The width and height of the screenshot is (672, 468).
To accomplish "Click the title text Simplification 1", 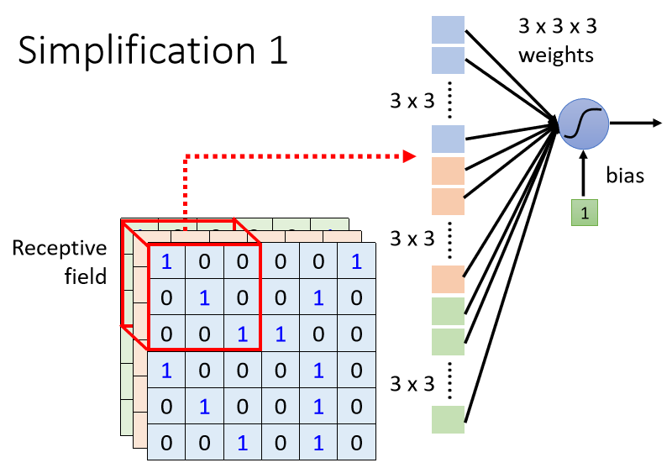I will [x=152, y=50].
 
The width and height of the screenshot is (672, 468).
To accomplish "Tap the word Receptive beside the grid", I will [x=60, y=249].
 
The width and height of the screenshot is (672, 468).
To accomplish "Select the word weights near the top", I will [x=556, y=55].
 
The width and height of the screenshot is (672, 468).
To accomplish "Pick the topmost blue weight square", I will [x=449, y=29].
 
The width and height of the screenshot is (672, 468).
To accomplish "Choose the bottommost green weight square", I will [x=449, y=419].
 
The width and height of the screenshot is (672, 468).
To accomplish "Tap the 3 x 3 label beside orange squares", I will [x=413, y=239].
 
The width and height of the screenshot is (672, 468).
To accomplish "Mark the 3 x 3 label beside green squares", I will [x=413, y=384].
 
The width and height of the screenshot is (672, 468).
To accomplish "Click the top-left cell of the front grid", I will [x=166, y=261].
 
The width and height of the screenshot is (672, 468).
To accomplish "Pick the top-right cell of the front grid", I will [x=356, y=261].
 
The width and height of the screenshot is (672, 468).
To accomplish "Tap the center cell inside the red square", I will [x=204, y=297].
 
